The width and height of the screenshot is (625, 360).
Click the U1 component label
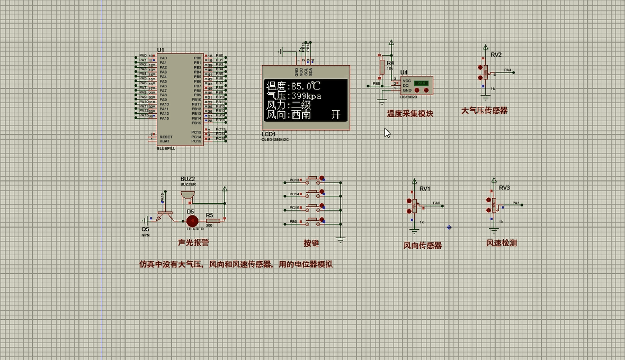[160, 50]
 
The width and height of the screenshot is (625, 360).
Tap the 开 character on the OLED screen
[336, 114]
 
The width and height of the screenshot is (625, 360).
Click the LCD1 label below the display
[269, 134]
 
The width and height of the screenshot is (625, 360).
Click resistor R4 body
[382, 67]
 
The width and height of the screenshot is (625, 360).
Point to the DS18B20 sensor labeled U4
[416, 85]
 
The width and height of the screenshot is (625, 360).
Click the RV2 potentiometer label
[496, 55]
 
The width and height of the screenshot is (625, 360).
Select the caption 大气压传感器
[484, 111]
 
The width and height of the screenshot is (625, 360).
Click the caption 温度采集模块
[409, 113]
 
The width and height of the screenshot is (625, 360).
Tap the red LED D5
[192, 221]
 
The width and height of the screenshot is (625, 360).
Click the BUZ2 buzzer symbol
[187, 195]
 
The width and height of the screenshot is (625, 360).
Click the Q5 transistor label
[145, 229]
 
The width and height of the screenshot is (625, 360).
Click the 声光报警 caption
[193, 242]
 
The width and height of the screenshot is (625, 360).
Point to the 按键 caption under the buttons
[311, 244]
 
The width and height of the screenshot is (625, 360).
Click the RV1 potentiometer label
[425, 189]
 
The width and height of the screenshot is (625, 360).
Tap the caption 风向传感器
[423, 246]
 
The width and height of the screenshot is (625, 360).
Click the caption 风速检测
[502, 243]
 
